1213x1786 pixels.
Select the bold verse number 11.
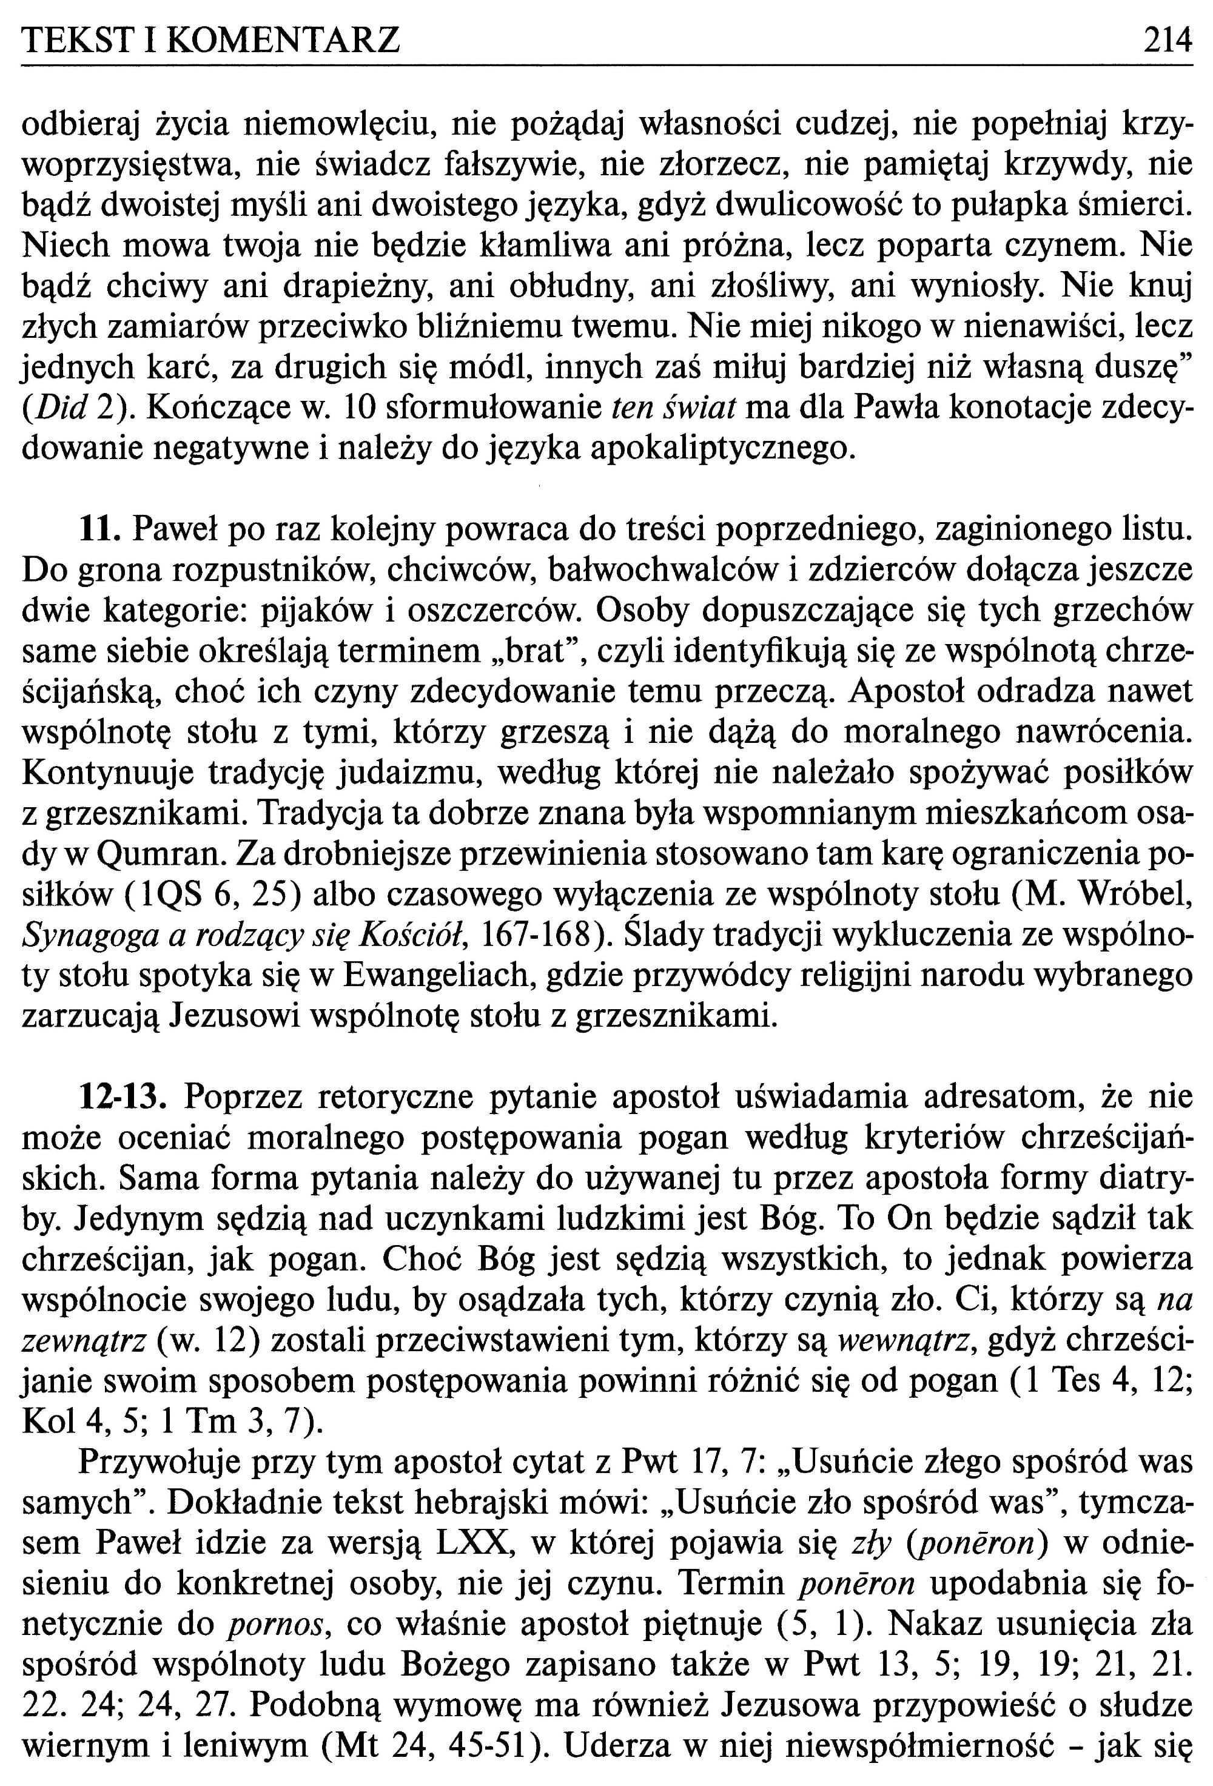(x=101, y=529)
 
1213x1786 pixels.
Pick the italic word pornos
(x=276, y=1624)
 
